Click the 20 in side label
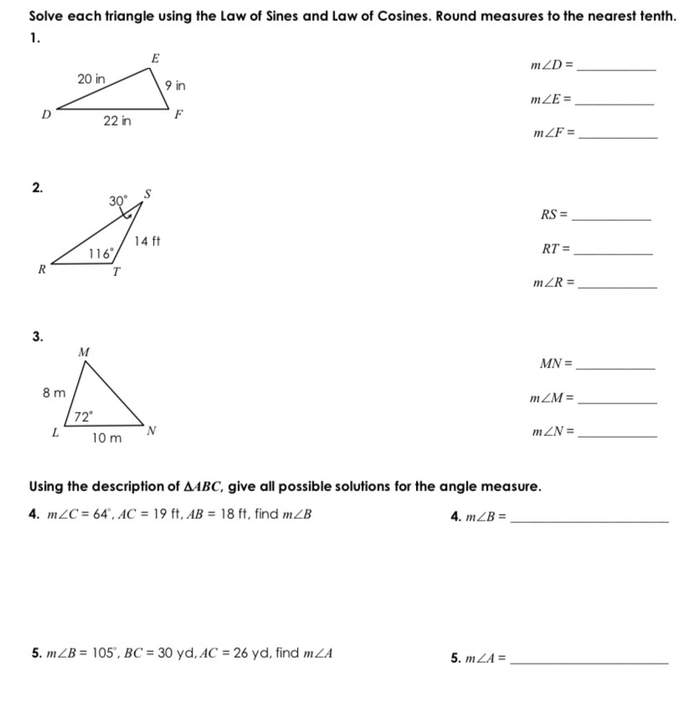pos(91,79)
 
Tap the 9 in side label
pos(176,85)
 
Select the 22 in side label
pos(117,121)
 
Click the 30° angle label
pos(118,200)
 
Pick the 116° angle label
pos(101,253)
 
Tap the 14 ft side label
pos(147,241)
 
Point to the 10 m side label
pos(106,438)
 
